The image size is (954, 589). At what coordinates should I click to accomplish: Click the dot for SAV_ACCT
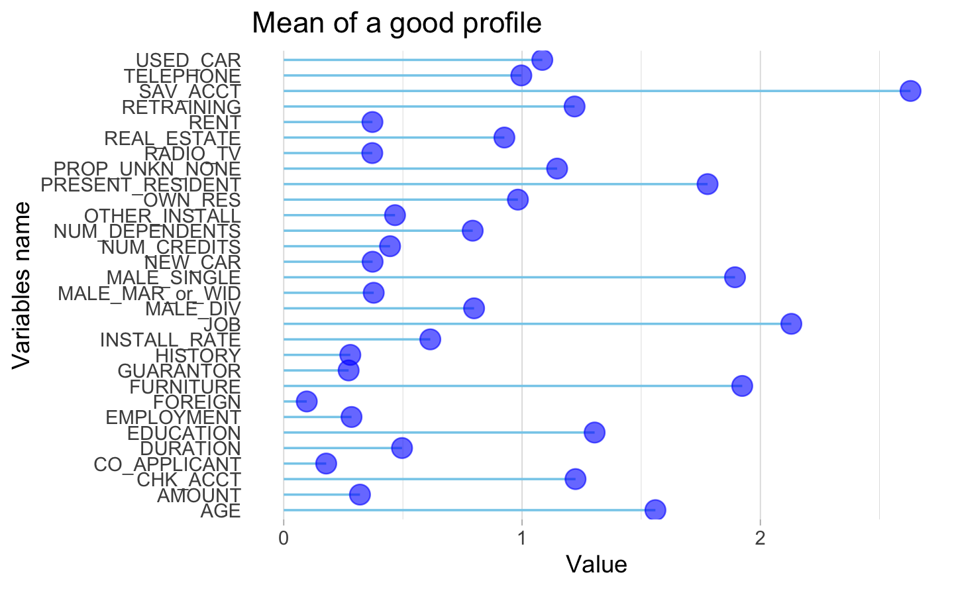[910, 91]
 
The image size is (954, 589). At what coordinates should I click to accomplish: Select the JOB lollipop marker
[791, 324]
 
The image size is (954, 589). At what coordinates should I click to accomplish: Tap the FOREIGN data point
[306, 402]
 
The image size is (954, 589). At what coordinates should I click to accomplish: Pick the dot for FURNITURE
[742, 386]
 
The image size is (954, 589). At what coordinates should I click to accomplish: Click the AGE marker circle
[655, 510]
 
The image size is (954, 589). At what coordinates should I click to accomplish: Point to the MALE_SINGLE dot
[734, 278]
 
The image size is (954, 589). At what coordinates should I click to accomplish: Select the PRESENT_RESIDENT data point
[707, 184]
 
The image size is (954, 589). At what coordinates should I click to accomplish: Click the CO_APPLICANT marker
[325, 463]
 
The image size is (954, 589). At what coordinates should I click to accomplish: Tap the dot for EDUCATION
[594, 433]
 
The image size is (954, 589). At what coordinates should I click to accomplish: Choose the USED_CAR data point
[542, 60]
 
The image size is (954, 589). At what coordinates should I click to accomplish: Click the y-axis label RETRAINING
[182, 107]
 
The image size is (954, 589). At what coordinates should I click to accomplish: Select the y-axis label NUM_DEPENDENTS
[147, 231]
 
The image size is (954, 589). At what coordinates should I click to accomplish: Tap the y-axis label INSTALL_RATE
[170, 340]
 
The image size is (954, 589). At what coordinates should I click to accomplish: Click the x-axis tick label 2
[761, 536]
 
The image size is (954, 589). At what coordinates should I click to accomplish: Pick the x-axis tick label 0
[284, 536]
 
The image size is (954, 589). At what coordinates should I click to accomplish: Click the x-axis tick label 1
[522, 536]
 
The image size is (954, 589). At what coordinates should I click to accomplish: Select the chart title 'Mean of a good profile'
[397, 23]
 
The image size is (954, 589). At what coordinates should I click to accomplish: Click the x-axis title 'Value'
[596, 564]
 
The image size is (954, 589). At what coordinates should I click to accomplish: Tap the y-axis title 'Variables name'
[22, 285]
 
